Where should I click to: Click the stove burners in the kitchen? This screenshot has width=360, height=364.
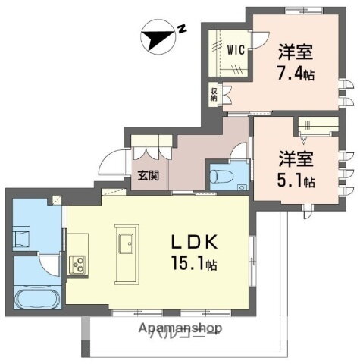coord(78,264)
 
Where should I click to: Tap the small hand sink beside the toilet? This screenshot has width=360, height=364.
coord(241,187)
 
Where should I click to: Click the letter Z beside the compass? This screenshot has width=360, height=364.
coord(183,29)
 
